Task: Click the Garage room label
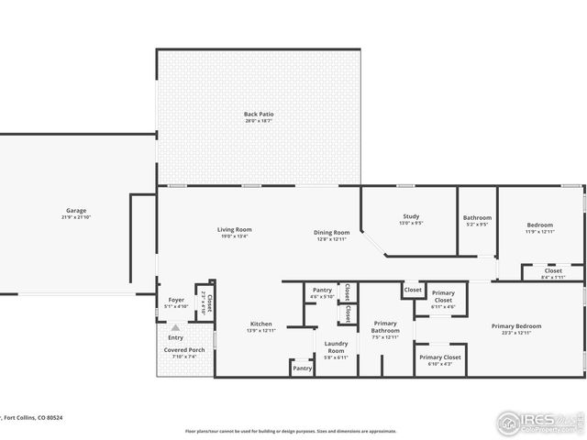click(x=75, y=210)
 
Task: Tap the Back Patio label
click(x=259, y=115)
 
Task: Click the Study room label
click(x=411, y=216)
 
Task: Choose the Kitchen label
click(x=261, y=324)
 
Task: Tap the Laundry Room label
click(x=337, y=346)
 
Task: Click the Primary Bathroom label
click(x=385, y=326)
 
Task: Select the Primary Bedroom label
click(x=515, y=325)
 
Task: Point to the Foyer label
click(x=175, y=300)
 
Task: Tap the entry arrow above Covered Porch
click(x=175, y=327)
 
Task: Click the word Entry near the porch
click(x=175, y=337)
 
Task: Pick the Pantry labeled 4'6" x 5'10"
click(x=322, y=290)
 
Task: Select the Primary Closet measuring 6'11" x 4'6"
click(x=443, y=296)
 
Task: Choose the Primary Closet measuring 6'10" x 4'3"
click(x=440, y=357)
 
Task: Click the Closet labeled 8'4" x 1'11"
click(x=553, y=270)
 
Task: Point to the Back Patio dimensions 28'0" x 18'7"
click(x=259, y=121)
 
